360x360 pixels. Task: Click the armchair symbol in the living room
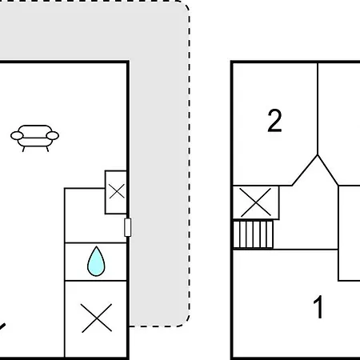tap(34, 138)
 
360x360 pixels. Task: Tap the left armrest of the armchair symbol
tap(17, 136)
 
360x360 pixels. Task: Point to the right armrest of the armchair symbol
tap(53, 136)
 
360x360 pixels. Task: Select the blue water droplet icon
tap(96, 262)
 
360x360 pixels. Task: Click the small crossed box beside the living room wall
tap(116, 192)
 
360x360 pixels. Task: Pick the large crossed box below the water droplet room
tap(96, 318)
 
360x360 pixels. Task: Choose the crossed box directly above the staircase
tap(256, 202)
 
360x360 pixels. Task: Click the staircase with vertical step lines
tap(254, 234)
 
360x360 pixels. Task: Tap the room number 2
tap(274, 121)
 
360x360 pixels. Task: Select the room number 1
tap(318, 306)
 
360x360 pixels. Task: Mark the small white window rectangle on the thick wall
tap(128, 227)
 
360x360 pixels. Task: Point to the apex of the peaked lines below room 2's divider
tap(318, 155)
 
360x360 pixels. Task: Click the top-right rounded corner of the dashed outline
tap(185, 6)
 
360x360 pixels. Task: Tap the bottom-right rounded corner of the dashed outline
tap(185, 322)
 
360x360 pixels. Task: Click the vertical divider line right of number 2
tap(318, 109)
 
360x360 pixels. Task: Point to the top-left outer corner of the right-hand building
tap(231, 62)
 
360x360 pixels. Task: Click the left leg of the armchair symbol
tap(24, 149)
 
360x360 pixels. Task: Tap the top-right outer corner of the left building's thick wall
tap(129, 62)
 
